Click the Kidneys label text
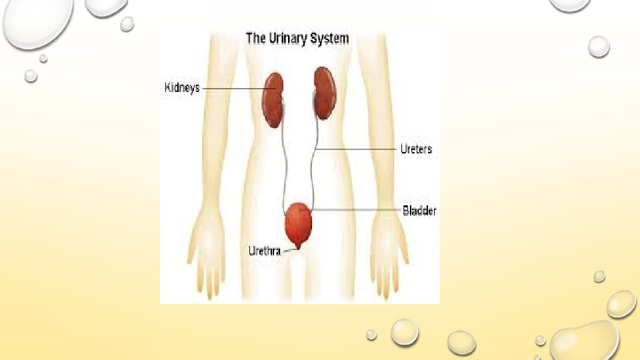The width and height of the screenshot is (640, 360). point(182,88)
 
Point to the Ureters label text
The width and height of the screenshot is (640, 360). point(416,149)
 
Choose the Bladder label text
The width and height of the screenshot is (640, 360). point(419,211)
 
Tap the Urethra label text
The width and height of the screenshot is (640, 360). point(264,251)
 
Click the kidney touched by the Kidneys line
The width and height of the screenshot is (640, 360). point(273,100)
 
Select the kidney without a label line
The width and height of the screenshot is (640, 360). point(323,93)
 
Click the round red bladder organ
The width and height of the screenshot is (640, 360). point(299,225)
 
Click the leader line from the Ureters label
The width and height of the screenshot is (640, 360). point(357,149)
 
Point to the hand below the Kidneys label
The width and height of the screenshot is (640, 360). point(206,253)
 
